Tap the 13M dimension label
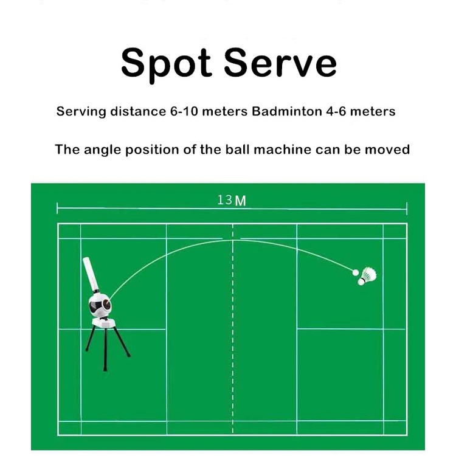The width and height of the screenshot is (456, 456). click(232, 200)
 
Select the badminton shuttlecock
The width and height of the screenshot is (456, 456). click(368, 275)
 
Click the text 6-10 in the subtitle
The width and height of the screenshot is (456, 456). click(182, 111)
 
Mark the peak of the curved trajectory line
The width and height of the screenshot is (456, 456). click(233, 240)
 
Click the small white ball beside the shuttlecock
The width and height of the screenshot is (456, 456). click(356, 272)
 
